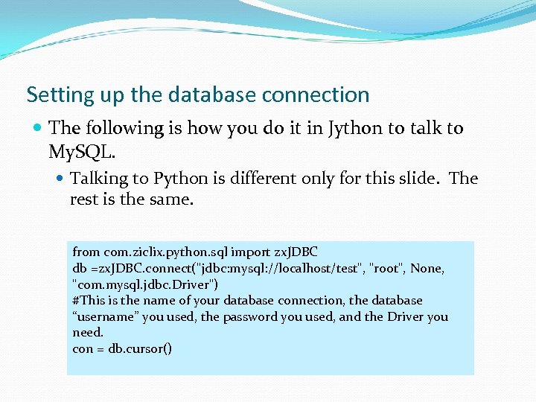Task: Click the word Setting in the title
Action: [53, 95]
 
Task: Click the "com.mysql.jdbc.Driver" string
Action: [145, 284]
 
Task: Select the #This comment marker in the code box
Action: [89, 301]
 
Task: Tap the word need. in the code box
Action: [88, 332]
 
